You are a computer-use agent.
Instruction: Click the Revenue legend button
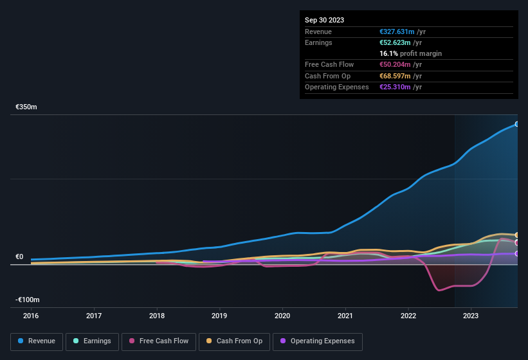[x=37, y=341]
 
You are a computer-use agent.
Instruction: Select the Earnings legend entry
[x=92, y=341]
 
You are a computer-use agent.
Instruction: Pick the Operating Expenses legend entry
[x=317, y=341]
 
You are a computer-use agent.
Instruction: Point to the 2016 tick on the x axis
[x=31, y=316]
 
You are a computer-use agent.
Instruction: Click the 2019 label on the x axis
[x=219, y=316]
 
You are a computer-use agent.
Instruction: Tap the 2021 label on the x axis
[x=345, y=316]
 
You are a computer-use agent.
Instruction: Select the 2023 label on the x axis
[x=471, y=316]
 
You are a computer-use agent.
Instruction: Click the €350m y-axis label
[x=26, y=107]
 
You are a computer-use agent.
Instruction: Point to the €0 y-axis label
[x=19, y=257]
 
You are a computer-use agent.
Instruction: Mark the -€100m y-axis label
[x=28, y=300]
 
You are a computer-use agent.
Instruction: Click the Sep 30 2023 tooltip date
[x=324, y=20]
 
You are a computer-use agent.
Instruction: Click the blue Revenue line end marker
[x=516, y=124]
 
